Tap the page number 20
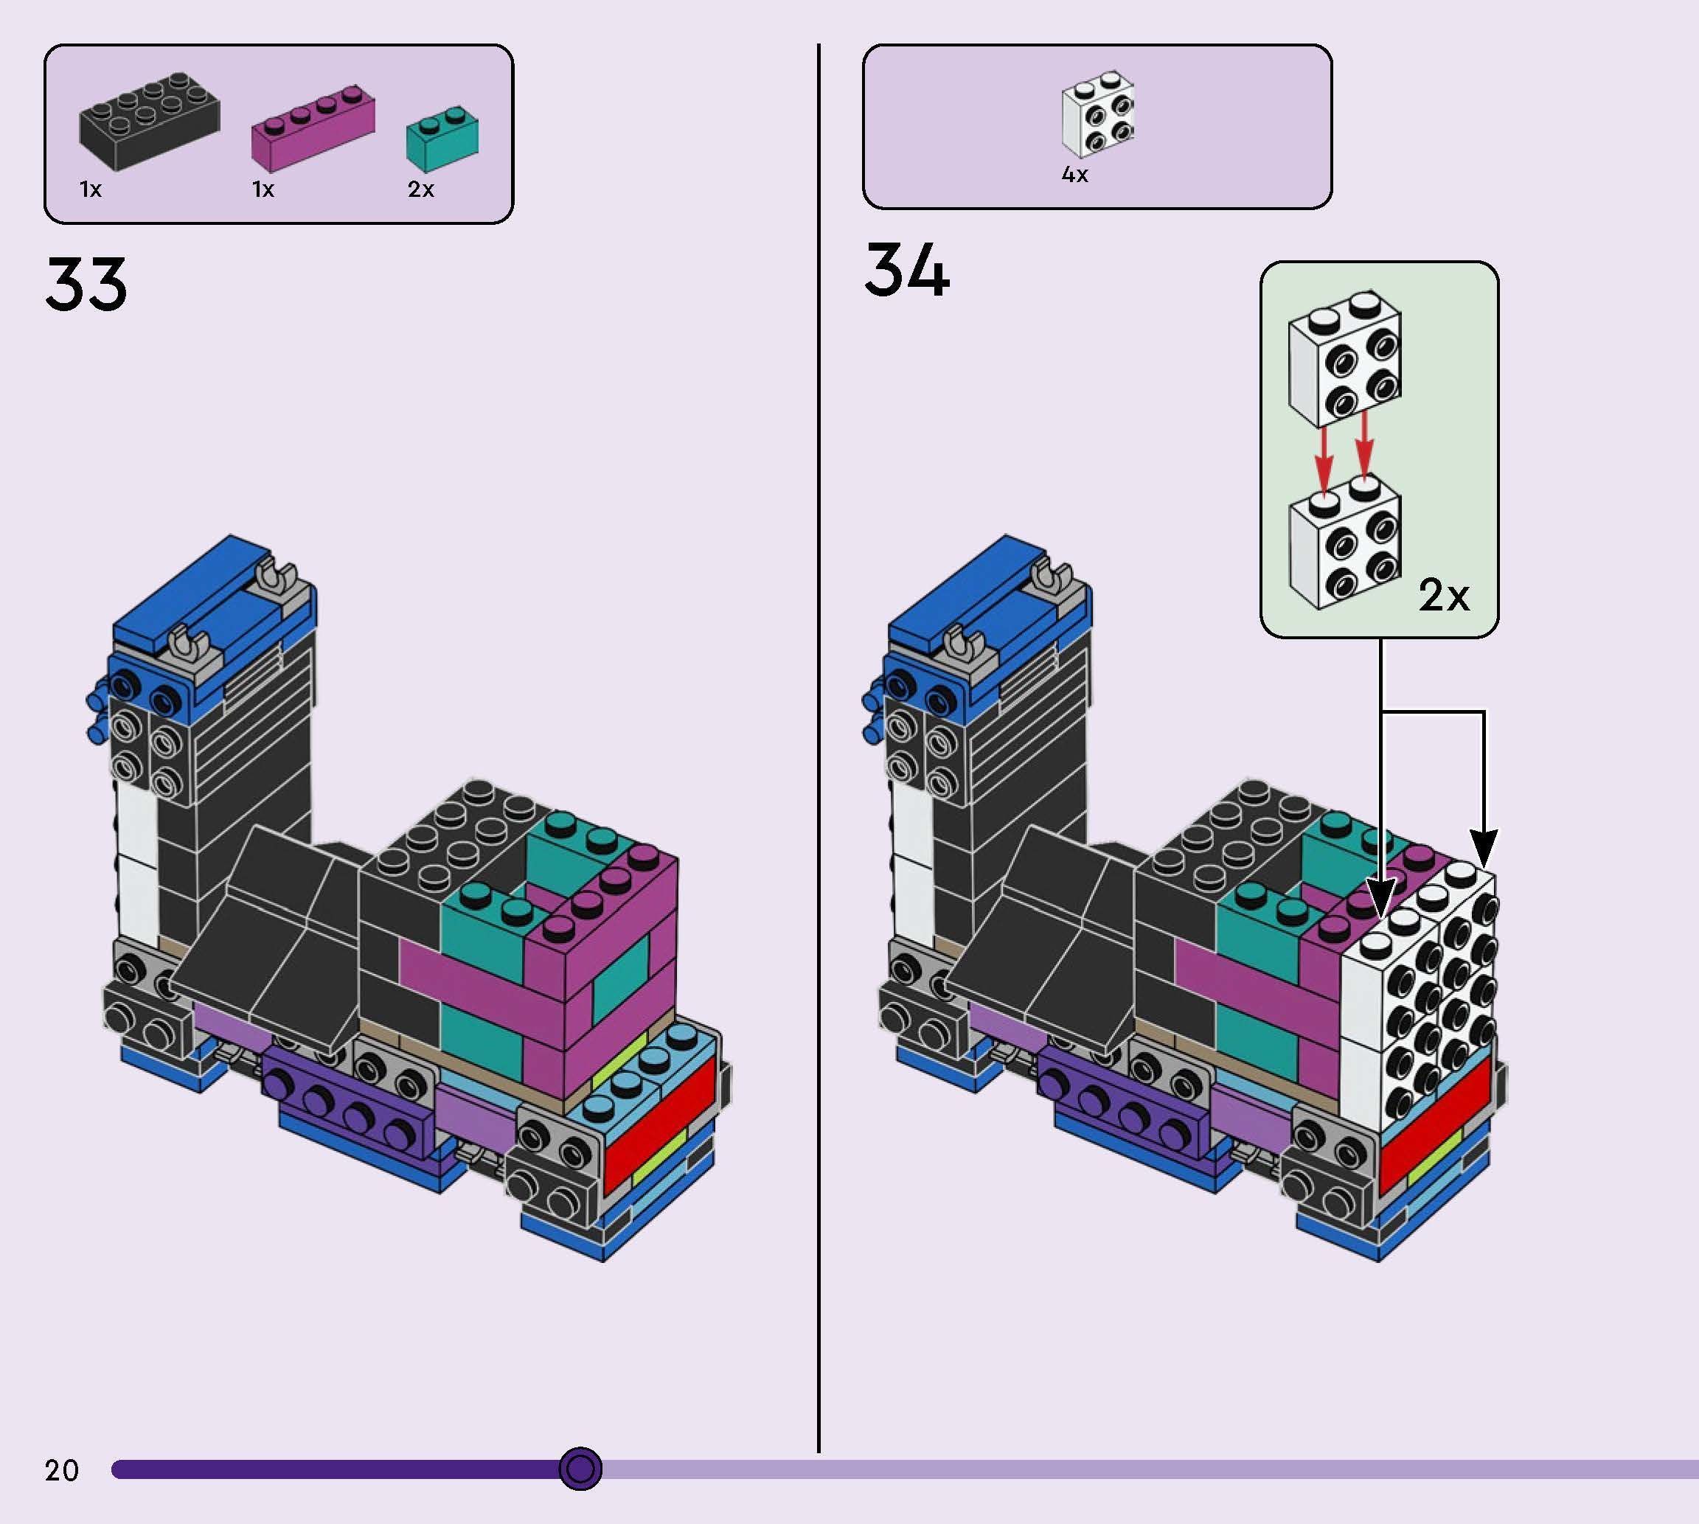62,1470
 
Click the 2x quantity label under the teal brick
420,190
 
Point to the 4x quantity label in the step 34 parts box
1074,175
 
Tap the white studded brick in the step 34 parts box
1098,115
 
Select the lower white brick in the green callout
1344,544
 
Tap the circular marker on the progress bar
580,1469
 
